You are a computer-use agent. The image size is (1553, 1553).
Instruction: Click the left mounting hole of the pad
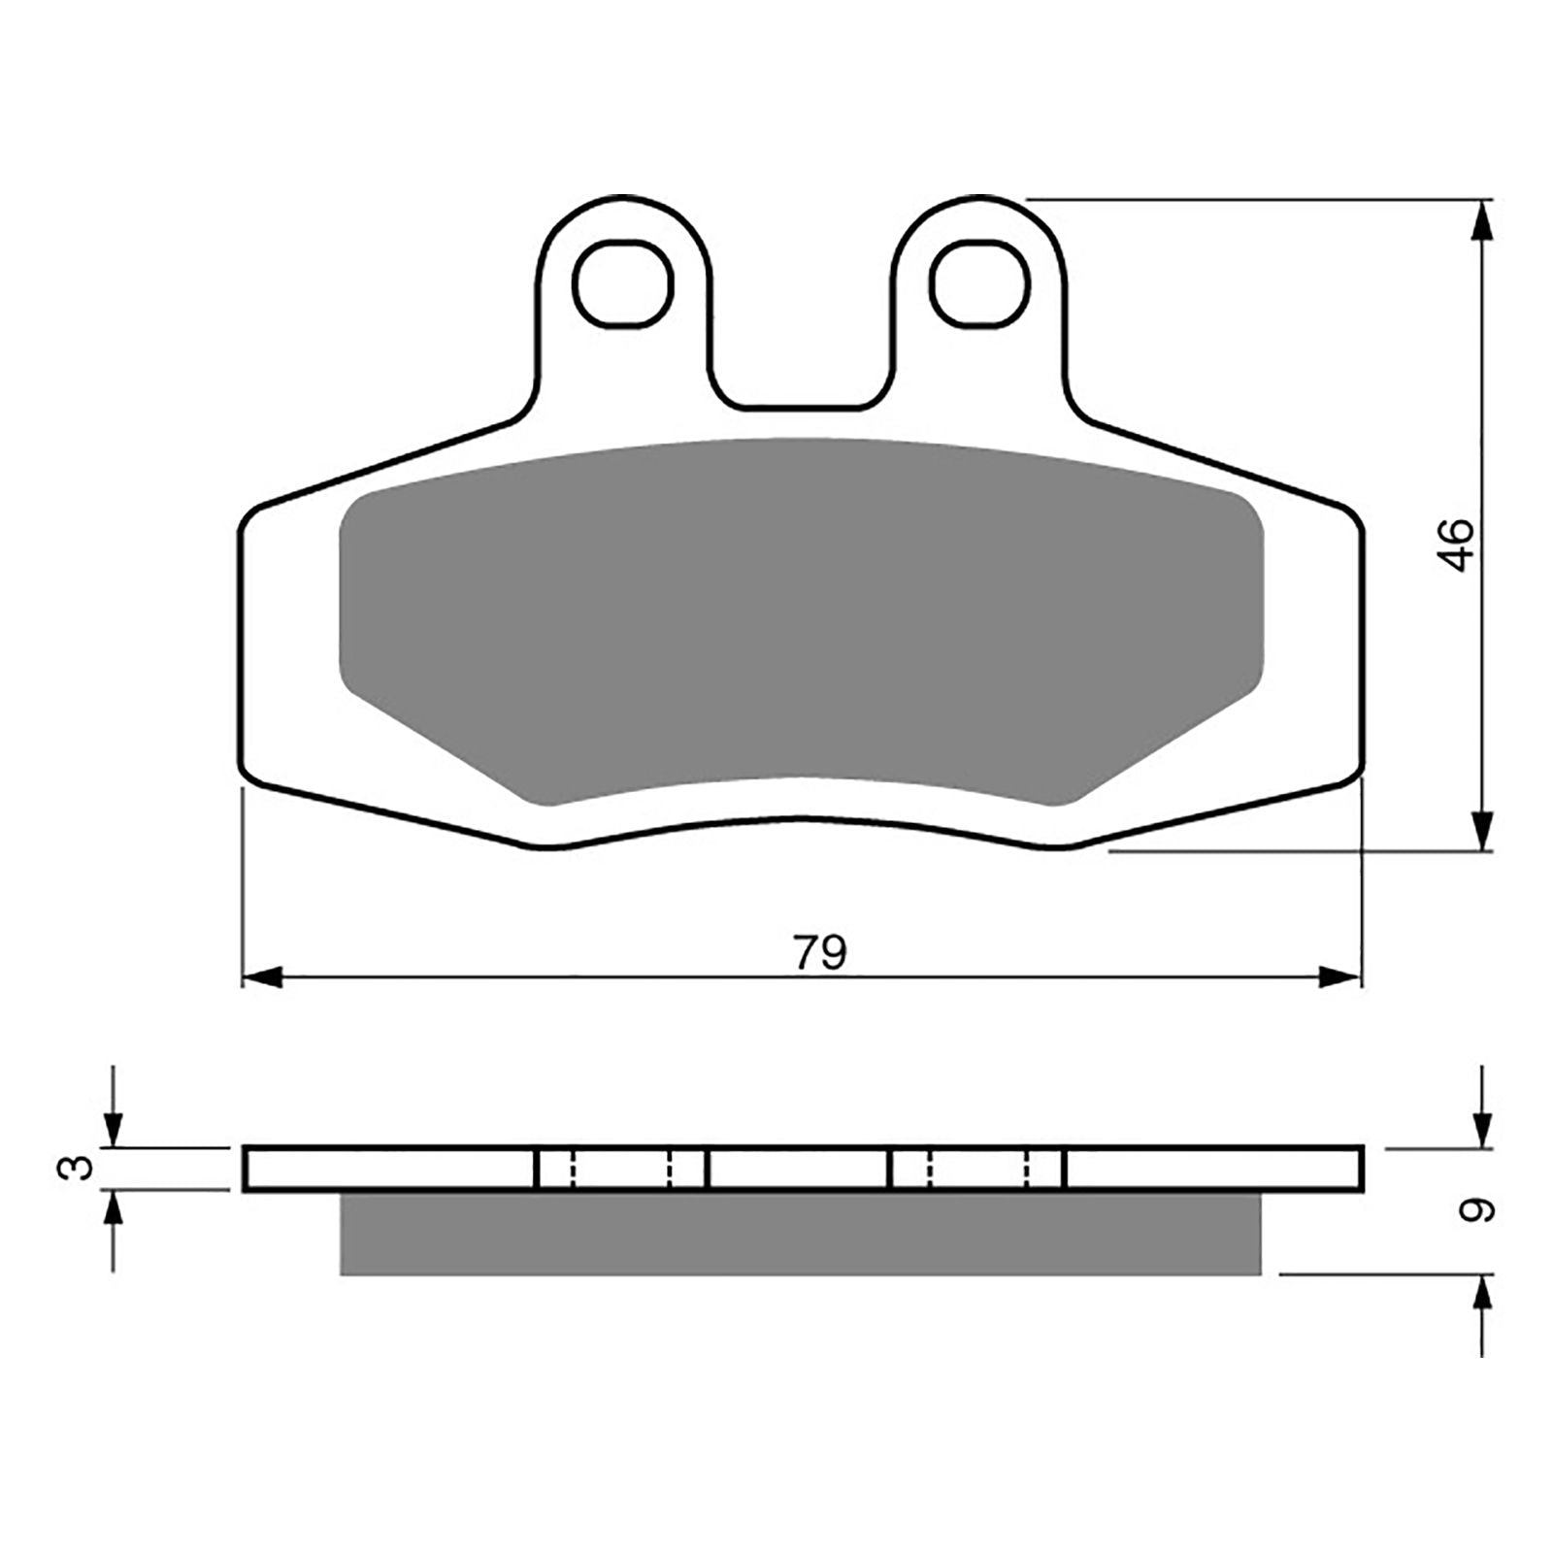(623, 283)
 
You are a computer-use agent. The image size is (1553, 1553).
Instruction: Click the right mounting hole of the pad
(978, 283)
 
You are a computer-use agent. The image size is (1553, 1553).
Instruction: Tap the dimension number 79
(820, 953)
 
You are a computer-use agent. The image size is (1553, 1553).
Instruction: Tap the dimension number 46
(1458, 545)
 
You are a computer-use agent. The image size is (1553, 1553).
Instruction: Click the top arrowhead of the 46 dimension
(1482, 218)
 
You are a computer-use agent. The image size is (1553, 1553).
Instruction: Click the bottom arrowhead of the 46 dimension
(1482, 833)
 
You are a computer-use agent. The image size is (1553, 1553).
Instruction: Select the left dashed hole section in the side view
(621, 1168)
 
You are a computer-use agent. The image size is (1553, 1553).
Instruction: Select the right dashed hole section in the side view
(977, 1168)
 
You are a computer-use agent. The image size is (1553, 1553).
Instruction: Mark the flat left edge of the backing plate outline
(240, 641)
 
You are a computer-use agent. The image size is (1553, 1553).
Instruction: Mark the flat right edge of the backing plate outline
(1365, 641)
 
